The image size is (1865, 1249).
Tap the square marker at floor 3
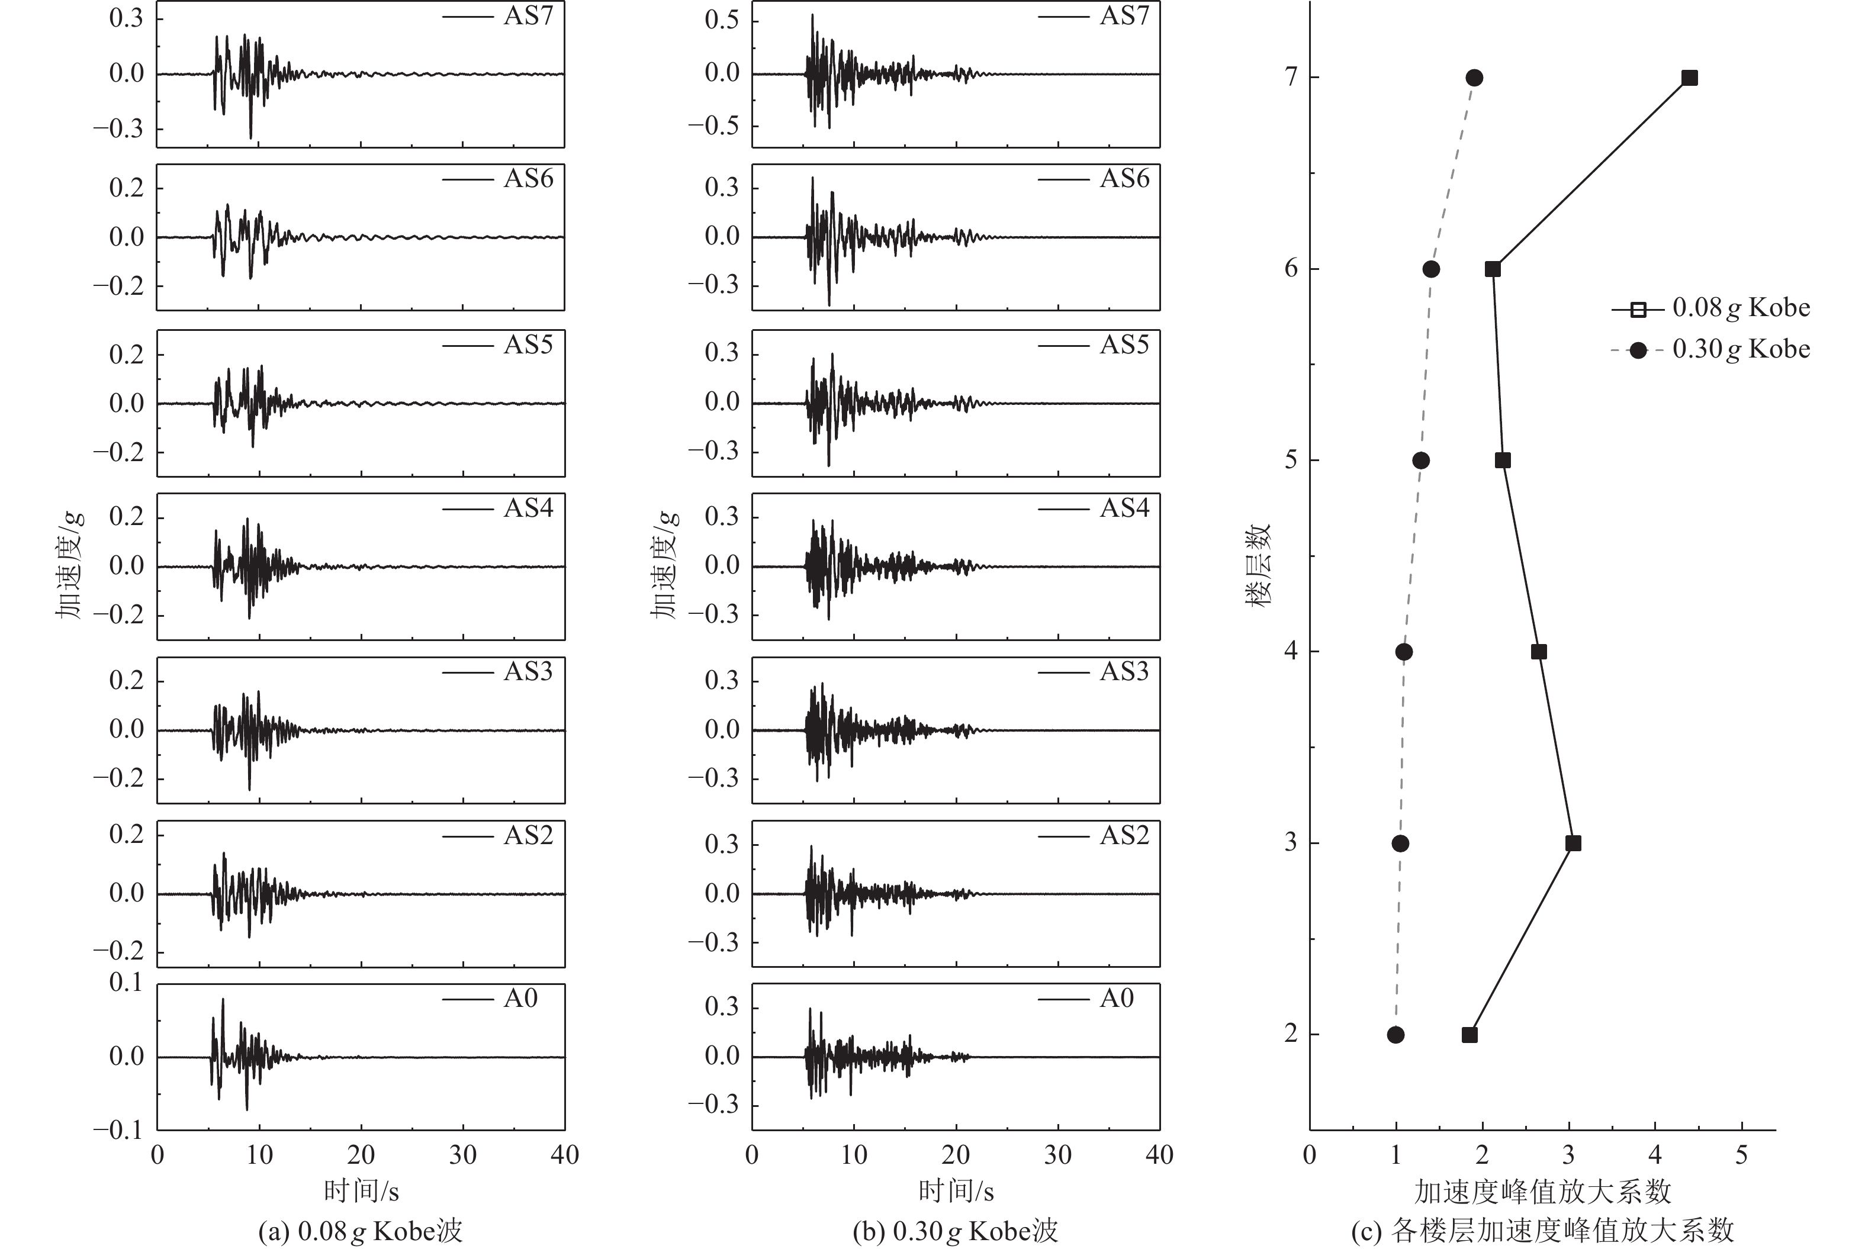coord(1573,843)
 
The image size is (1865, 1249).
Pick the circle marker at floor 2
coord(1395,1035)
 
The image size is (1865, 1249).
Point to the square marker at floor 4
coord(1538,652)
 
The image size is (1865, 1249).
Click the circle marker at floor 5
coord(1420,461)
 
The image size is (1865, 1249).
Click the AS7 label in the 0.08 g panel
coord(528,16)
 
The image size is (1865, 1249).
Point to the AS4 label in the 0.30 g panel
coord(1124,507)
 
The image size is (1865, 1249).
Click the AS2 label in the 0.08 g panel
coord(528,835)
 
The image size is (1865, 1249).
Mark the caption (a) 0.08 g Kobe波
coord(360,1231)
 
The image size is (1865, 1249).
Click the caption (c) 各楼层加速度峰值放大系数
coord(1542,1231)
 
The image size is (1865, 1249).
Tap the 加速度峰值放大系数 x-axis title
coord(1542,1192)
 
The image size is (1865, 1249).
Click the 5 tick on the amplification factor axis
coord(1741,1155)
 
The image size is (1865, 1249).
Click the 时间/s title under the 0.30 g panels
coord(956,1192)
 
